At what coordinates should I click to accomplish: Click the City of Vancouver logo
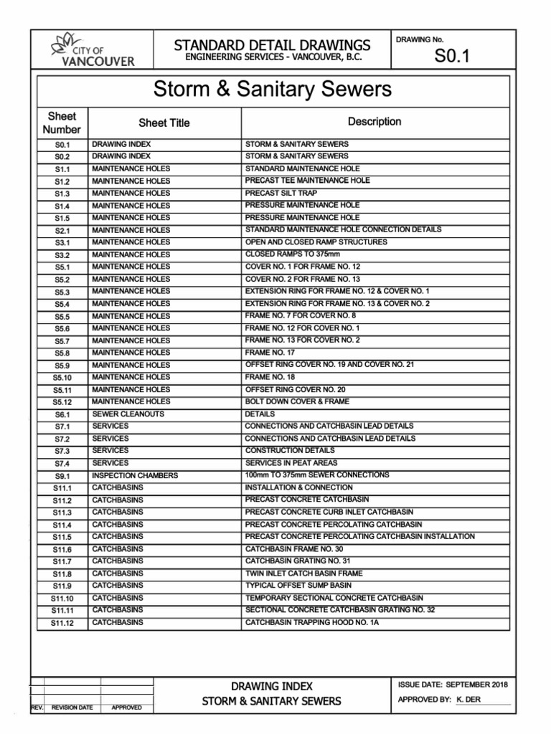[93, 49]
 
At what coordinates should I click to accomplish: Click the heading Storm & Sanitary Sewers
[273, 90]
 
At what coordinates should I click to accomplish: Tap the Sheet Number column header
[62, 123]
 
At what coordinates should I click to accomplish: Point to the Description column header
[374, 122]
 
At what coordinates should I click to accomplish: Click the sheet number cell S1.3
[62, 194]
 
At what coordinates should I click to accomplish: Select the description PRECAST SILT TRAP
[281, 193]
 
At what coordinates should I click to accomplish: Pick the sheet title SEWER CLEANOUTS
[128, 414]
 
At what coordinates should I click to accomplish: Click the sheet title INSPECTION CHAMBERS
[135, 475]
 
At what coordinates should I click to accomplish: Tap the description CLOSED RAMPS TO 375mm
[293, 254]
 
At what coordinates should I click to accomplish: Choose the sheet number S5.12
[62, 402]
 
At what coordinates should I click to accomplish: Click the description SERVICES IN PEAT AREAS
[292, 463]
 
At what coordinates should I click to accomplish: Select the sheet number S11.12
[62, 623]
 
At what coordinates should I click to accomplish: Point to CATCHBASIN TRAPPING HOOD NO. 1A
[311, 622]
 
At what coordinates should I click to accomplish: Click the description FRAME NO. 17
[270, 353]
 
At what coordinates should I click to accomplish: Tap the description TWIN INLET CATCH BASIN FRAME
[303, 573]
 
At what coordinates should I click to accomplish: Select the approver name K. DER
[468, 700]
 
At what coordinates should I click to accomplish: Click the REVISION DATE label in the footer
[72, 708]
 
